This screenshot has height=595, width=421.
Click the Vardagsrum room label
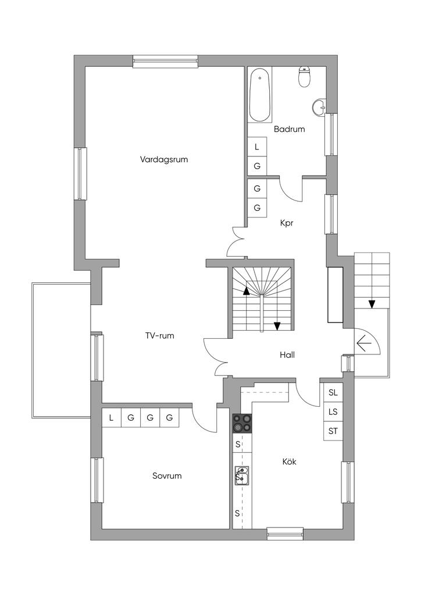[163, 159]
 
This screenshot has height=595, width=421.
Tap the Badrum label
[289, 129]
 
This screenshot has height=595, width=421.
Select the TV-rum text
[159, 335]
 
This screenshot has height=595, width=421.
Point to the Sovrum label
[167, 475]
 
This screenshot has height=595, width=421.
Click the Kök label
[289, 461]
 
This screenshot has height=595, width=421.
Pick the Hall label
[287, 355]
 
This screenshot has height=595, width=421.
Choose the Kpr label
[287, 223]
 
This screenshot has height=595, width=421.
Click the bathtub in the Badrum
[260, 95]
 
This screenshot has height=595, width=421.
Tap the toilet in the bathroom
[305, 77]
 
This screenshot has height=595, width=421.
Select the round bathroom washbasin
[320, 107]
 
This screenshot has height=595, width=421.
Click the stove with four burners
[242, 423]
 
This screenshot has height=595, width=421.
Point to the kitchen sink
[241, 475]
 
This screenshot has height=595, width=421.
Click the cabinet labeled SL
[333, 393]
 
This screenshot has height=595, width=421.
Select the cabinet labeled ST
[333, 431]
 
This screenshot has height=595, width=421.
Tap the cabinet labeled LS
[333, 412]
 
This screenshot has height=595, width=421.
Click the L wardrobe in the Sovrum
[111, 418]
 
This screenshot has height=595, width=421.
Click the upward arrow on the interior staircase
[247, 291]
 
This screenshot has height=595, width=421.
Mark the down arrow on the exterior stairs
[372, 304]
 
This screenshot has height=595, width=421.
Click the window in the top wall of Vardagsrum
[166, 61]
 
